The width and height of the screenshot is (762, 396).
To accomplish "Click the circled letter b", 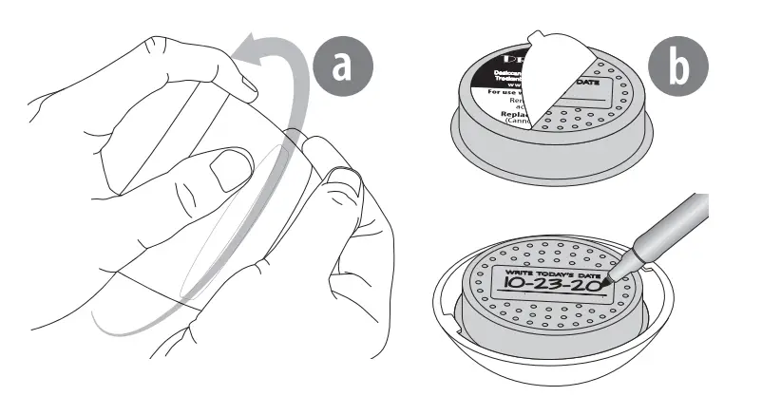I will coord(677,69).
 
